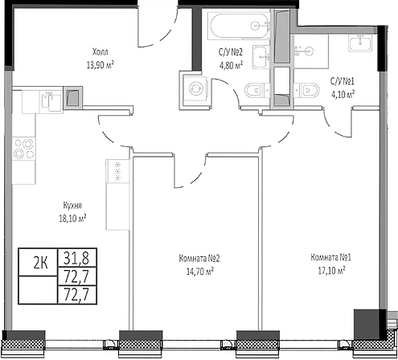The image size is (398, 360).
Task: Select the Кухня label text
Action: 71,205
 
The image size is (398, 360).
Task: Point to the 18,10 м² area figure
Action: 71,217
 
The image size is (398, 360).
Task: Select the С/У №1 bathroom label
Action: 343,81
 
